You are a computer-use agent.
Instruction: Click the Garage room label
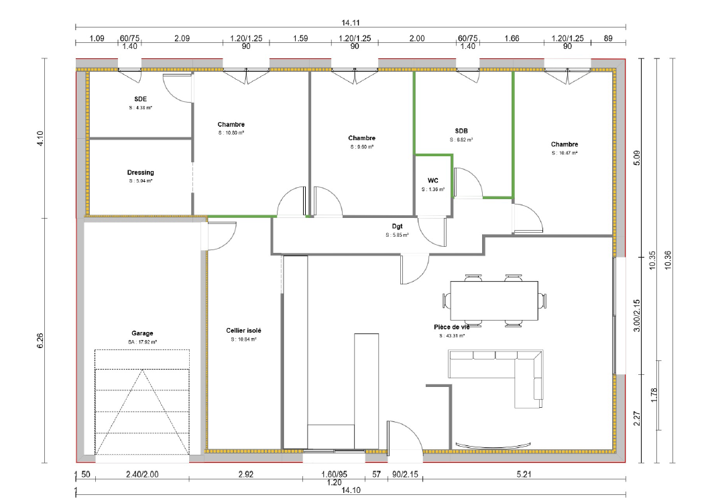tap(142, 333)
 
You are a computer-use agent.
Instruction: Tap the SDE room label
tap(140, 99)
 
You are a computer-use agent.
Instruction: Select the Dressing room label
tap(140, 172)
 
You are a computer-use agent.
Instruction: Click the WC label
tap(432, 180)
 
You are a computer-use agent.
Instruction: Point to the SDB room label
tap(461, 131)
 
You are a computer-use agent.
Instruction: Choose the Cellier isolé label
tap(244, 331)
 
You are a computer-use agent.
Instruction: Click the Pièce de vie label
tap(451, 327)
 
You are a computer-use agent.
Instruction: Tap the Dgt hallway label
tap(397, 227)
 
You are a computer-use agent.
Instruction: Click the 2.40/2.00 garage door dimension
tap(141, 475)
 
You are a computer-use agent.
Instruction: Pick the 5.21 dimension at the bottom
tap(524, 475)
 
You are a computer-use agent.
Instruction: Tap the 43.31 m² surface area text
tap(451, 335)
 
